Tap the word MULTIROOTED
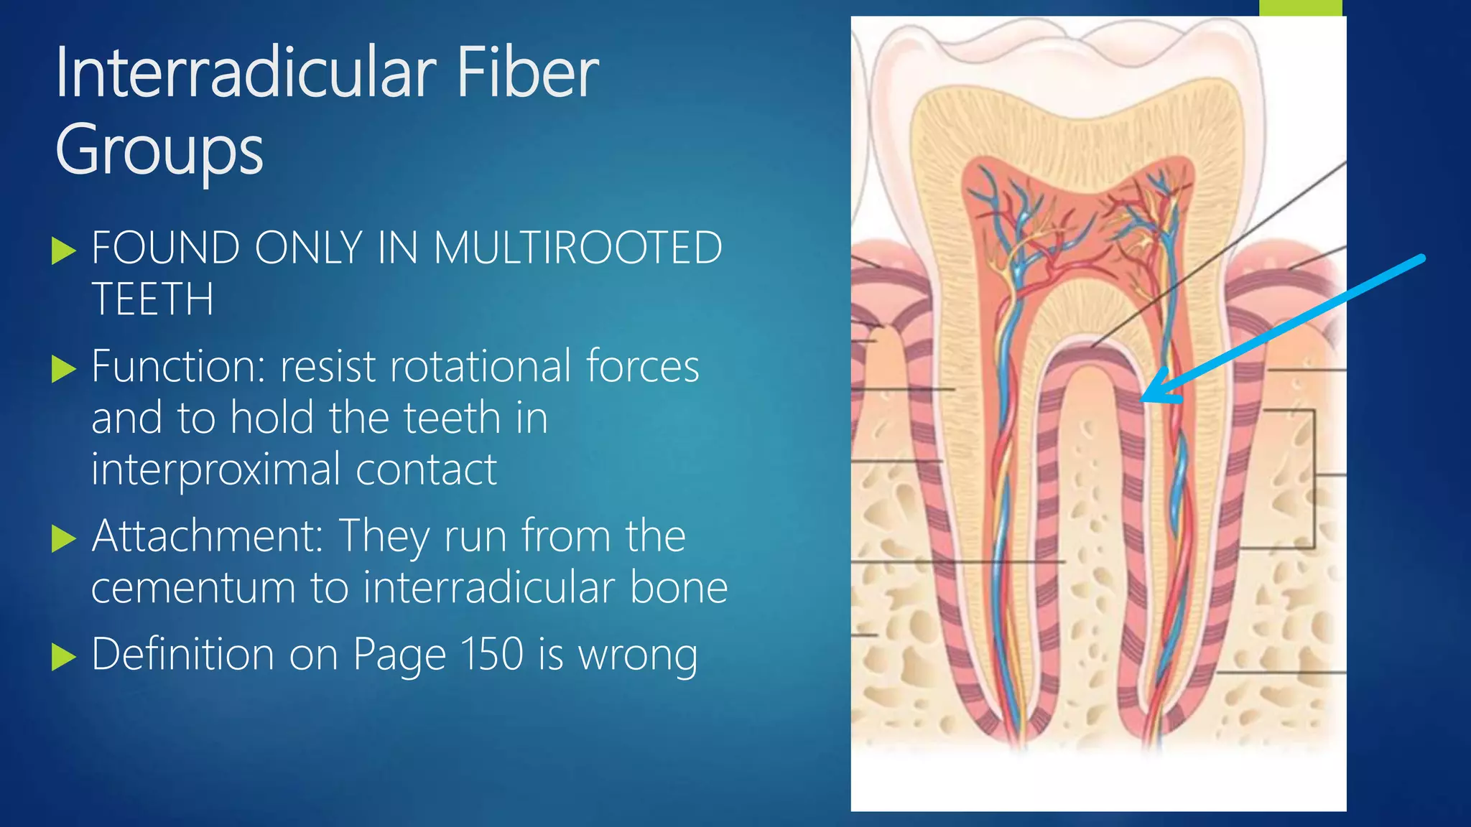[x=577, y=248]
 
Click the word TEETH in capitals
[x=153, y=299]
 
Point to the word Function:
[x=179, y=367]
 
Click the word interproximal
[x=215, y=470]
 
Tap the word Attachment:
[x=207, y=536]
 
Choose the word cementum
[x=193, y=588]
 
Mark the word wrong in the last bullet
[x=638, y=655]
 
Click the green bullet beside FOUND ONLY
[x=64, y=251]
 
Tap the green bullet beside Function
[x=64, y=370]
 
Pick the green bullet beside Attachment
[x=64, y=538]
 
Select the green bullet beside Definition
[x=64, y=657]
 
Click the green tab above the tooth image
[x=1300, y=7]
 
